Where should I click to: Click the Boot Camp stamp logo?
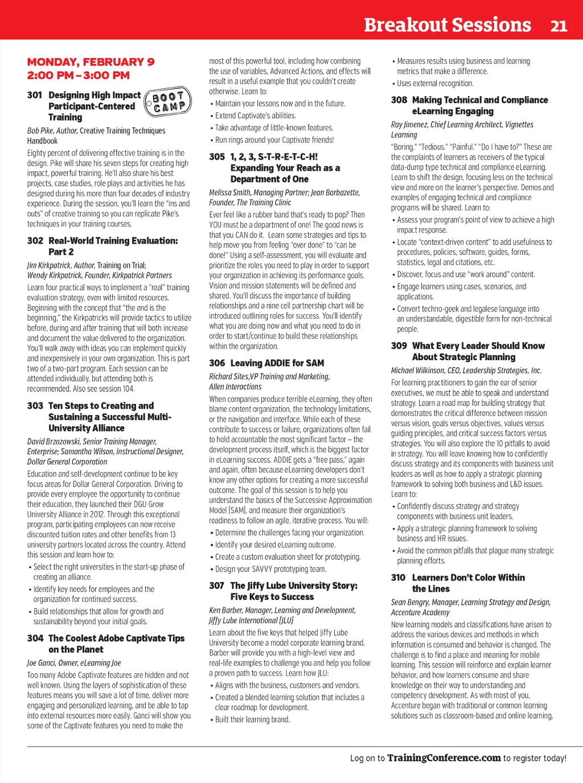pyautogui.click(x=168, y=102)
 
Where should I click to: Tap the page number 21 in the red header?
pyautogui.click(x=559, y=26)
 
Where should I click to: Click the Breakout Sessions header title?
pyautogui.click(x=447, y=25)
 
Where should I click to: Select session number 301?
pyautogui.click(x=34, y=95)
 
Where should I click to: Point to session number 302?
pyautogui.click(x=35, y=241)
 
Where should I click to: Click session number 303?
pyautogui.click(x=35, y=406)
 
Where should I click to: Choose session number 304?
pyautogui.click(x=35, y=638)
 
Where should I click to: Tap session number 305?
pyautogui.click(x=217, y=156)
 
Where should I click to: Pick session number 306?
pyautogui.click(x=217, y=363)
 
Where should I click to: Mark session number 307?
pyautogui.click(x=216, y=586)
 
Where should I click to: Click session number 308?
pyautogui.click(x=399, y=100)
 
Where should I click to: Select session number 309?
pyautogui.click(x=399, y=346)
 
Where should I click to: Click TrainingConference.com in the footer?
pyautogui.click(x=444, y=758)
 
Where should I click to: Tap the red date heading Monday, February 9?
pyautogui.click(x=91, y=62)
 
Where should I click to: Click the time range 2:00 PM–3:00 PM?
pyautogui.click(x=79, y=75)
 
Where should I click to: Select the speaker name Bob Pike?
pyautogui.click(x=40, y=131)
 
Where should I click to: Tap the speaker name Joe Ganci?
pyautogui.click(x=43, y=663)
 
